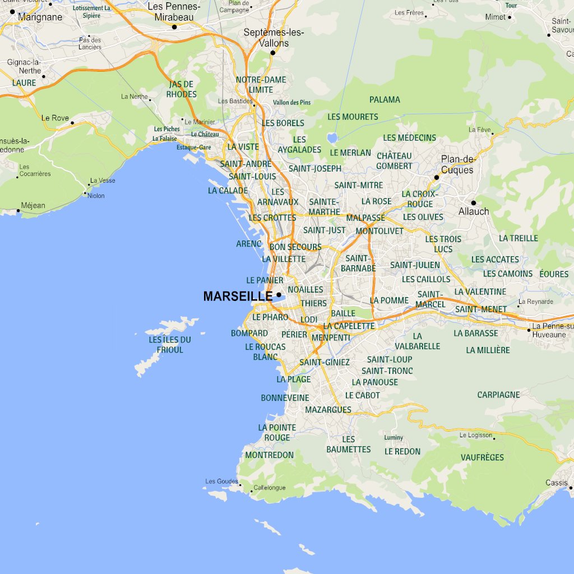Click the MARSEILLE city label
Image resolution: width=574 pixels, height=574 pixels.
coord(238,297)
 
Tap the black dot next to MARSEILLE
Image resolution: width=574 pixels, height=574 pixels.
coord(279,294)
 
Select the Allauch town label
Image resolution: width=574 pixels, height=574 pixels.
coord(474,211)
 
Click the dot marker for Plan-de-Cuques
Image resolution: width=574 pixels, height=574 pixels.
coord(436,177)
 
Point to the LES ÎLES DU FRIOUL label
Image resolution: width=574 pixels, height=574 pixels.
coord(170,345)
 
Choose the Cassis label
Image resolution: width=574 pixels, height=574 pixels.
coord(556,483)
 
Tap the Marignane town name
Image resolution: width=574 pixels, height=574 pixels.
coord(40,17)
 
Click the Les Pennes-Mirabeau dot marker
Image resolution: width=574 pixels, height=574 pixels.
coord(174,26)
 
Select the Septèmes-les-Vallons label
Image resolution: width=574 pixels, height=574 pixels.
coord(274,38)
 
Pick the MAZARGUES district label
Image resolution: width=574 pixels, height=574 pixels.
coord(328,410)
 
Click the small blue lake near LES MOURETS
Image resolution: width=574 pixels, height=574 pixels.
coord(332,137)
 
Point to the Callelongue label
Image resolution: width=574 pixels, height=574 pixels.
coord(270,488)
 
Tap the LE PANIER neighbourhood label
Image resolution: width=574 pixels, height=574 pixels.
coord(265,280)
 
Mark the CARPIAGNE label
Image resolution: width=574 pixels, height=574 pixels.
coord(498,395)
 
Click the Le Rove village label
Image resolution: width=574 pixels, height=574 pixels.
coord(55,118)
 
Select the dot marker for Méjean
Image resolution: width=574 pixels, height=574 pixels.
coord(18,211)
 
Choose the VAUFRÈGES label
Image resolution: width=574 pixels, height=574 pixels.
coord(482,457)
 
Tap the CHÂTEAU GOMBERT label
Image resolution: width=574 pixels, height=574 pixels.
coord(394,160)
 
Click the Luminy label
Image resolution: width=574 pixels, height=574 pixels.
coord(394,438)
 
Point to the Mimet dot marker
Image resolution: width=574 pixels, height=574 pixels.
coord(510,17)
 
